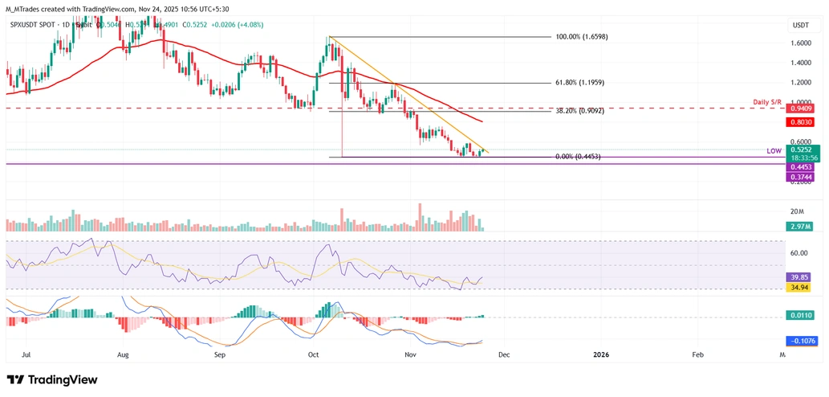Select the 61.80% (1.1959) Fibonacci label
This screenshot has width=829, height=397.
click(x=587, y=83)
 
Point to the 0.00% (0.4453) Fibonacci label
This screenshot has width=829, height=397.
click(x=578, y=157)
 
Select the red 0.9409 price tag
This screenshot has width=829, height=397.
click(x=801, y=108)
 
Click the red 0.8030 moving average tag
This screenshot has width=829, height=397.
click(x=801, y=121)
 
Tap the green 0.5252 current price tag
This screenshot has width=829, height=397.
click(x=801, y=149)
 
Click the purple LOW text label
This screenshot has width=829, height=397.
click(x=774, y=150)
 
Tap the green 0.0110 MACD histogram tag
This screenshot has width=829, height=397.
click(x=800, y=315)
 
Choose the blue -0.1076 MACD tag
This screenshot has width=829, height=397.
click(x=800, y=341)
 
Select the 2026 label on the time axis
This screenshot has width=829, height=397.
click(x=602, y=354)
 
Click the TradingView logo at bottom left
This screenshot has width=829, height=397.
click(x=52, y=379)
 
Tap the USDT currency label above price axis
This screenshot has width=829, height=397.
click(x=801, y=26)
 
